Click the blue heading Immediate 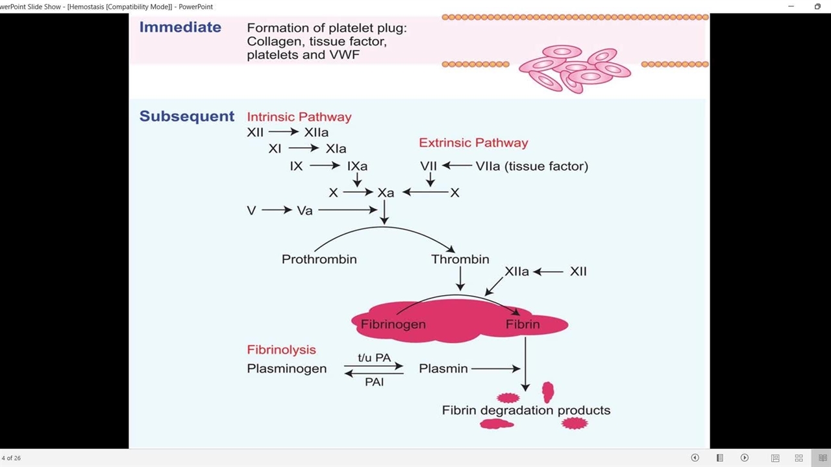point(180,27)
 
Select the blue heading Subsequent point(187,117)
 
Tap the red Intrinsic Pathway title point(299,117)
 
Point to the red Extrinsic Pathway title point(473,143)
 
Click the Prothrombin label point(319,259)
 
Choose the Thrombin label point(460,259)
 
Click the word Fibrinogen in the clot point(393,324)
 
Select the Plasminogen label point(286,368)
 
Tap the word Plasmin point(443,368)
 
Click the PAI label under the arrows point(374,383)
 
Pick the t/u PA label point(374,357)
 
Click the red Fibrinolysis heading point(281,350)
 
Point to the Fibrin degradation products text point(526,411)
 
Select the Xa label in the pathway point(386,193)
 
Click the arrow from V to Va point(277,210)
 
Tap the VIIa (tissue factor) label point(532,166)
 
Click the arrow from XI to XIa point(303,149)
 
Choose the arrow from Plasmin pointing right point(496,368)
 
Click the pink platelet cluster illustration point(574,68)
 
